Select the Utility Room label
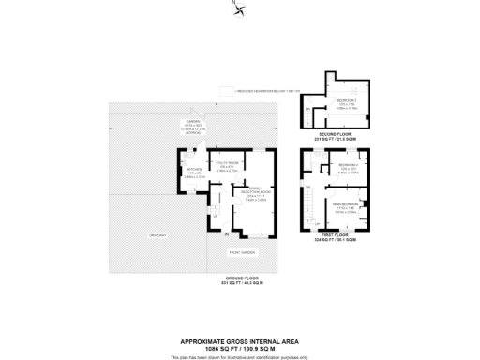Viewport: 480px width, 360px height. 227,167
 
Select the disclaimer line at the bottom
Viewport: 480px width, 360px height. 240,357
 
